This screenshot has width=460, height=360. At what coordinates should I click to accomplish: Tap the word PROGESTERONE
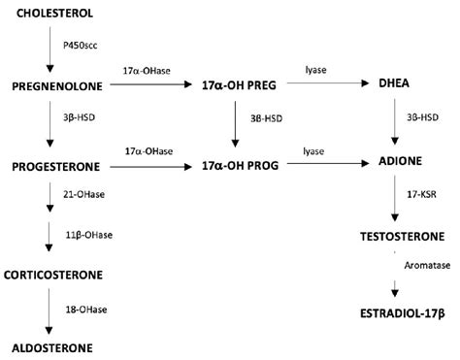tap(57, 166)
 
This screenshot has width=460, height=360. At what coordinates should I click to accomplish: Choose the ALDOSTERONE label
tap(52, 346)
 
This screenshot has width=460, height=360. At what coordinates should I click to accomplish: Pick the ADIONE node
tap(395, 166)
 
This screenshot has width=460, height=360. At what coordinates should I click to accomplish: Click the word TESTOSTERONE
tap(402, 237)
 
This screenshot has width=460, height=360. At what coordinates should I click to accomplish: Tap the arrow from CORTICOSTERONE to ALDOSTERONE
tap(49, 311)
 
